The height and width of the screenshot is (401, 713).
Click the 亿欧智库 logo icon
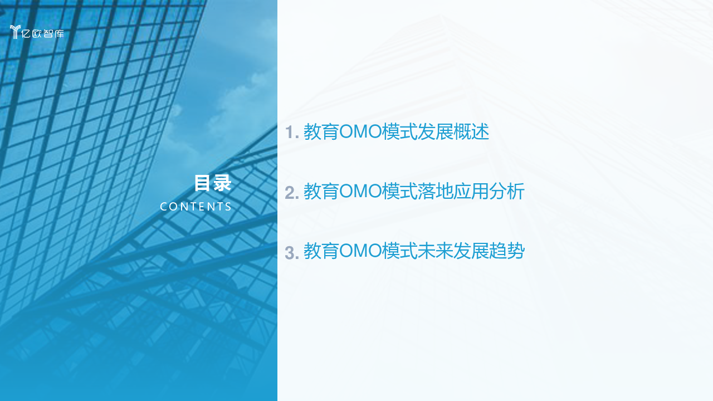tap(15, 32)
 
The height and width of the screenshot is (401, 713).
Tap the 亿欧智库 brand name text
tap(43, 33)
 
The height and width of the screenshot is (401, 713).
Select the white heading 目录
tap(213, 183)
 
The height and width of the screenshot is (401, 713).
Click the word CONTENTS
tap(196, 207)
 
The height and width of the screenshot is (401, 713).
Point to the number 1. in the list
tap(292, 133)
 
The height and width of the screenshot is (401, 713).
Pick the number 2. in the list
tap(292, 193)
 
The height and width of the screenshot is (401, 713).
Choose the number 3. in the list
tap(292, 253)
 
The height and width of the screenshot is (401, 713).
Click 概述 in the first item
tap(471, 131)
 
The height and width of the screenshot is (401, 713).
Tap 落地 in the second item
tap(435, 191)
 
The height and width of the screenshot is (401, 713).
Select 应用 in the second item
tap(471, 191)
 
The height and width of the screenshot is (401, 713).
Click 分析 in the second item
tap(507, 191)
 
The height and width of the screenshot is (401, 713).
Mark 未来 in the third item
tap(435, 251)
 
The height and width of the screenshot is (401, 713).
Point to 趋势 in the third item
tap(507, 251)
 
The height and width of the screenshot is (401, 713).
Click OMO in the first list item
tap(360, 131)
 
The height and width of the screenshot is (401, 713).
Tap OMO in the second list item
tap(360, 191)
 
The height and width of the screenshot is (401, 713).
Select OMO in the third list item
tap(360, 251)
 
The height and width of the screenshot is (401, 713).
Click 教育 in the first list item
tap(321, 131)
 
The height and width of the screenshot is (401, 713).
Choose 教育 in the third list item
tap(321, 251)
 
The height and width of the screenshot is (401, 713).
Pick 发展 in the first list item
tap(435, 131)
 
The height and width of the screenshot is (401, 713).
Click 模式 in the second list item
tap(399, 191)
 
